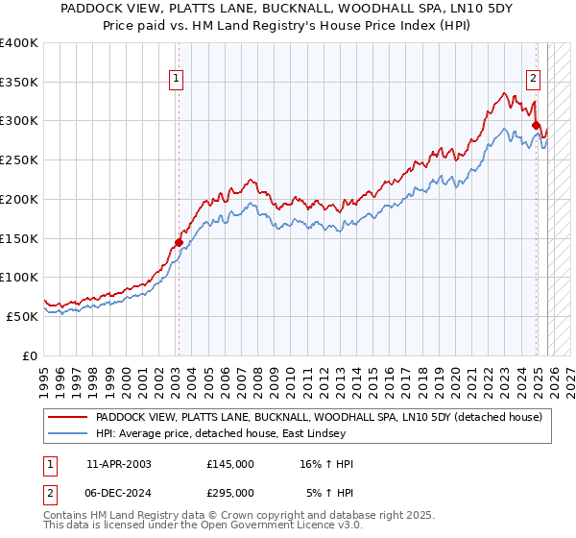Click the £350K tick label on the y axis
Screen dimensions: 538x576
click(18, 83)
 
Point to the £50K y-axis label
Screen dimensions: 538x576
click(21, 316)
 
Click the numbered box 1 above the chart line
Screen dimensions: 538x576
click(177, 81)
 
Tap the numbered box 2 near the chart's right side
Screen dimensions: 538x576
click(533, 81)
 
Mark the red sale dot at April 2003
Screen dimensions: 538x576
click(179, 242)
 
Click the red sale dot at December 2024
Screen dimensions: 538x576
click(536, 124)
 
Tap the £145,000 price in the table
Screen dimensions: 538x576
click(230, 464)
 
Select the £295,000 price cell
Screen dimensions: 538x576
click(230, 493)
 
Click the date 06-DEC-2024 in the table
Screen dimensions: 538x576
click(119, 493)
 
